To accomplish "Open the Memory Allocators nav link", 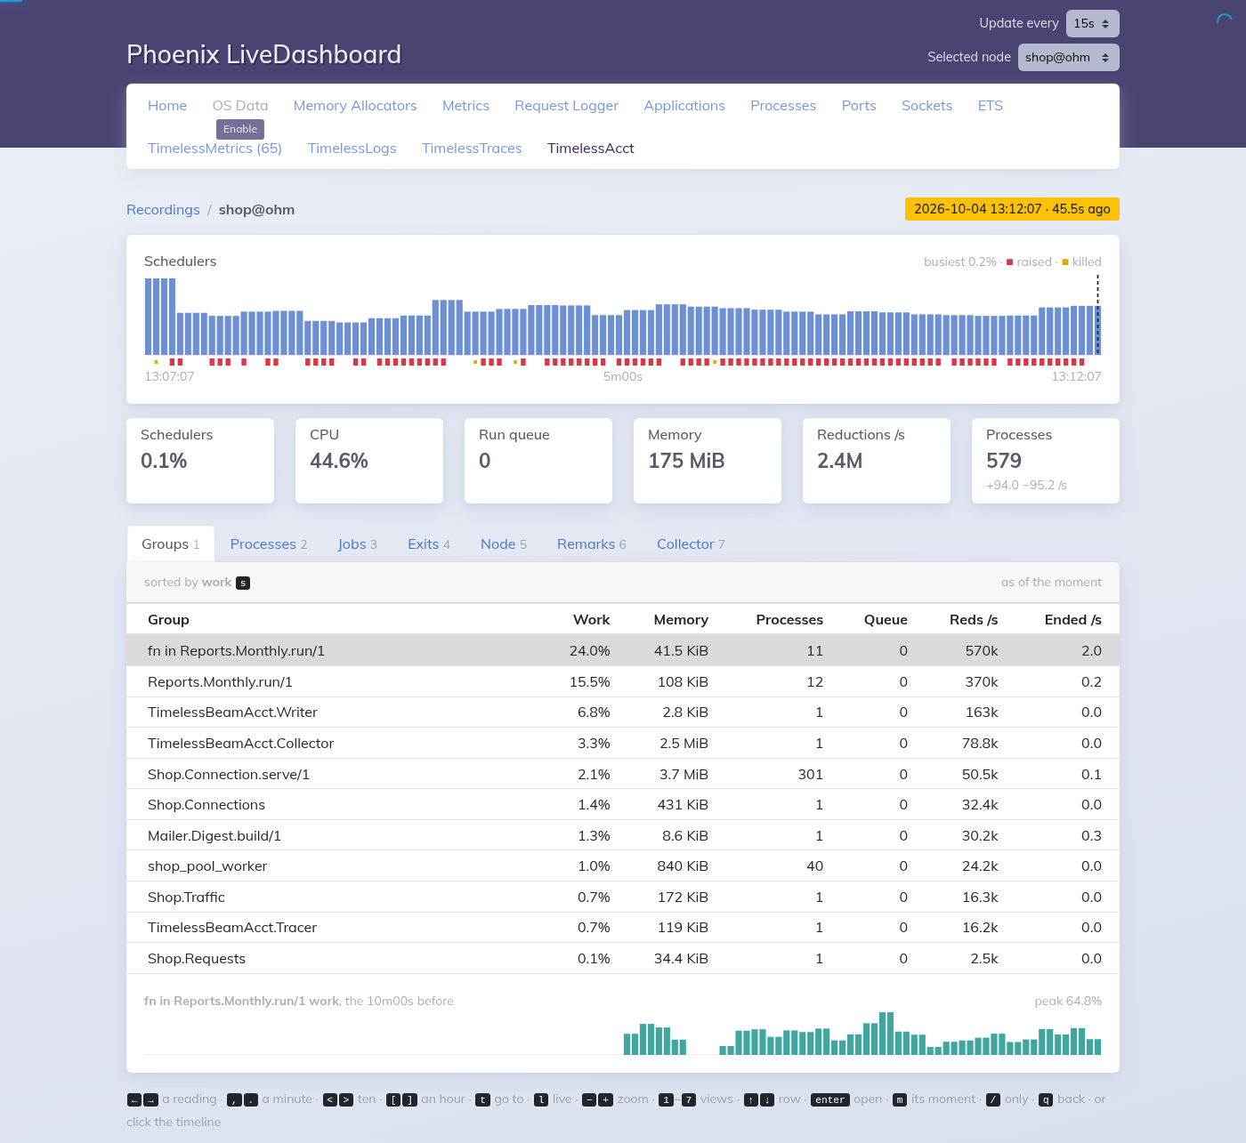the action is (x=355, y=106).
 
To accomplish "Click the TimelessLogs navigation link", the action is (x=352, y=149).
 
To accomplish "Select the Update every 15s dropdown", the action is (x=1093, y=24).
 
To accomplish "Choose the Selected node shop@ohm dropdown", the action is (x=1068, y=57).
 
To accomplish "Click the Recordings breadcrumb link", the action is (x=164, y=210).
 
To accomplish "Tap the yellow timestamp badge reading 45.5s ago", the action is (x=1012, y=209).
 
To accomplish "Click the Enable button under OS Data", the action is (x=239, y=129).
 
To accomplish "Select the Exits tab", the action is (x=429, y=544).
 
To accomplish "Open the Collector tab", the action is (x=691, y=544).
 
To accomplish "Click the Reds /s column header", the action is (x=974, y=620).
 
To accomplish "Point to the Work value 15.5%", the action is (x=589, y=681).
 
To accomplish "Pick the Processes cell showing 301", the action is (x=810, y=774).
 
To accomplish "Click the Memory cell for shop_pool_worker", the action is (x=683, y=866).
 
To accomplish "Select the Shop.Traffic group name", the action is (x=186, y=897).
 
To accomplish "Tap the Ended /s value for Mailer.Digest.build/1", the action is (x=1091, y=835).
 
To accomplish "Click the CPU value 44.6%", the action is (x=338, y=461).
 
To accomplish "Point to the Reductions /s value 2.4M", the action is (x=839, y=461).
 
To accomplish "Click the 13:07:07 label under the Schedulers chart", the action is (x=170, y=376).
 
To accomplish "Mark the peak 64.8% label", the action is (x=1068, y=1001).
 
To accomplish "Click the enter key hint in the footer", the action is (x=829, y=1099).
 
